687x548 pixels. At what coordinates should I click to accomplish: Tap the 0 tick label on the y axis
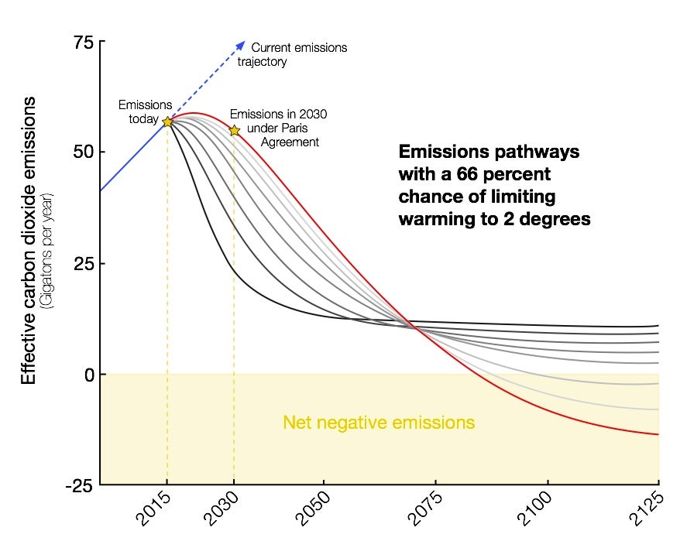89,375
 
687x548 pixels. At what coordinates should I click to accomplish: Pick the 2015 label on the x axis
156,510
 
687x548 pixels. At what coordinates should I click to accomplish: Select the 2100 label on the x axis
536,510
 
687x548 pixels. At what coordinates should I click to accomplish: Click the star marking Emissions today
167,122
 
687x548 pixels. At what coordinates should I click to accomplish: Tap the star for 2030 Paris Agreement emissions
235,130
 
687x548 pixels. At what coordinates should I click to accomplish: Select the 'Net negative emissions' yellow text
379,423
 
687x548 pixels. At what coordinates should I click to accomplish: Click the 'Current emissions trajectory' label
298,54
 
